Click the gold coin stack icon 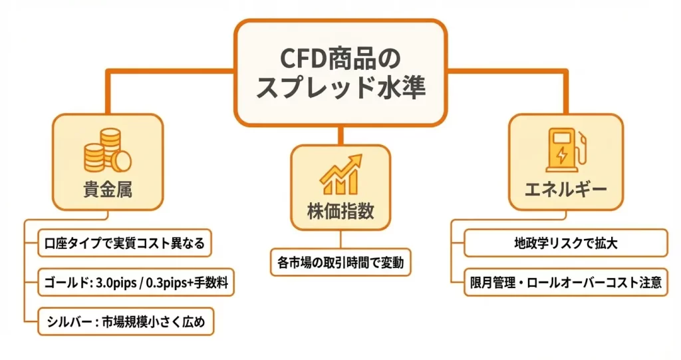point(106,151)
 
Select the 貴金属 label point(107,190)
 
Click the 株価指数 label point(340,212)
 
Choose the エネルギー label point(565,190)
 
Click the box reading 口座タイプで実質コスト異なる point(124,243)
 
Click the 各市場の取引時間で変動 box point(340,263)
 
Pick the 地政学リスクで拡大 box point(565,243)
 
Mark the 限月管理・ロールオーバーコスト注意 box point(565,283)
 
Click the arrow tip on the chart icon point(359,158)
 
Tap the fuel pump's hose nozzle point(583,142)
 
